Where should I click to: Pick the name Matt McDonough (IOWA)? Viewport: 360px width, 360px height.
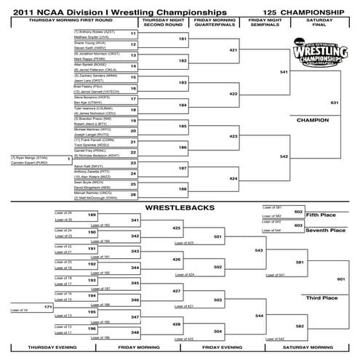click(x=95, y=196)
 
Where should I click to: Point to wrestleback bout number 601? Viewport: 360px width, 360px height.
click(x=341, y=279)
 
